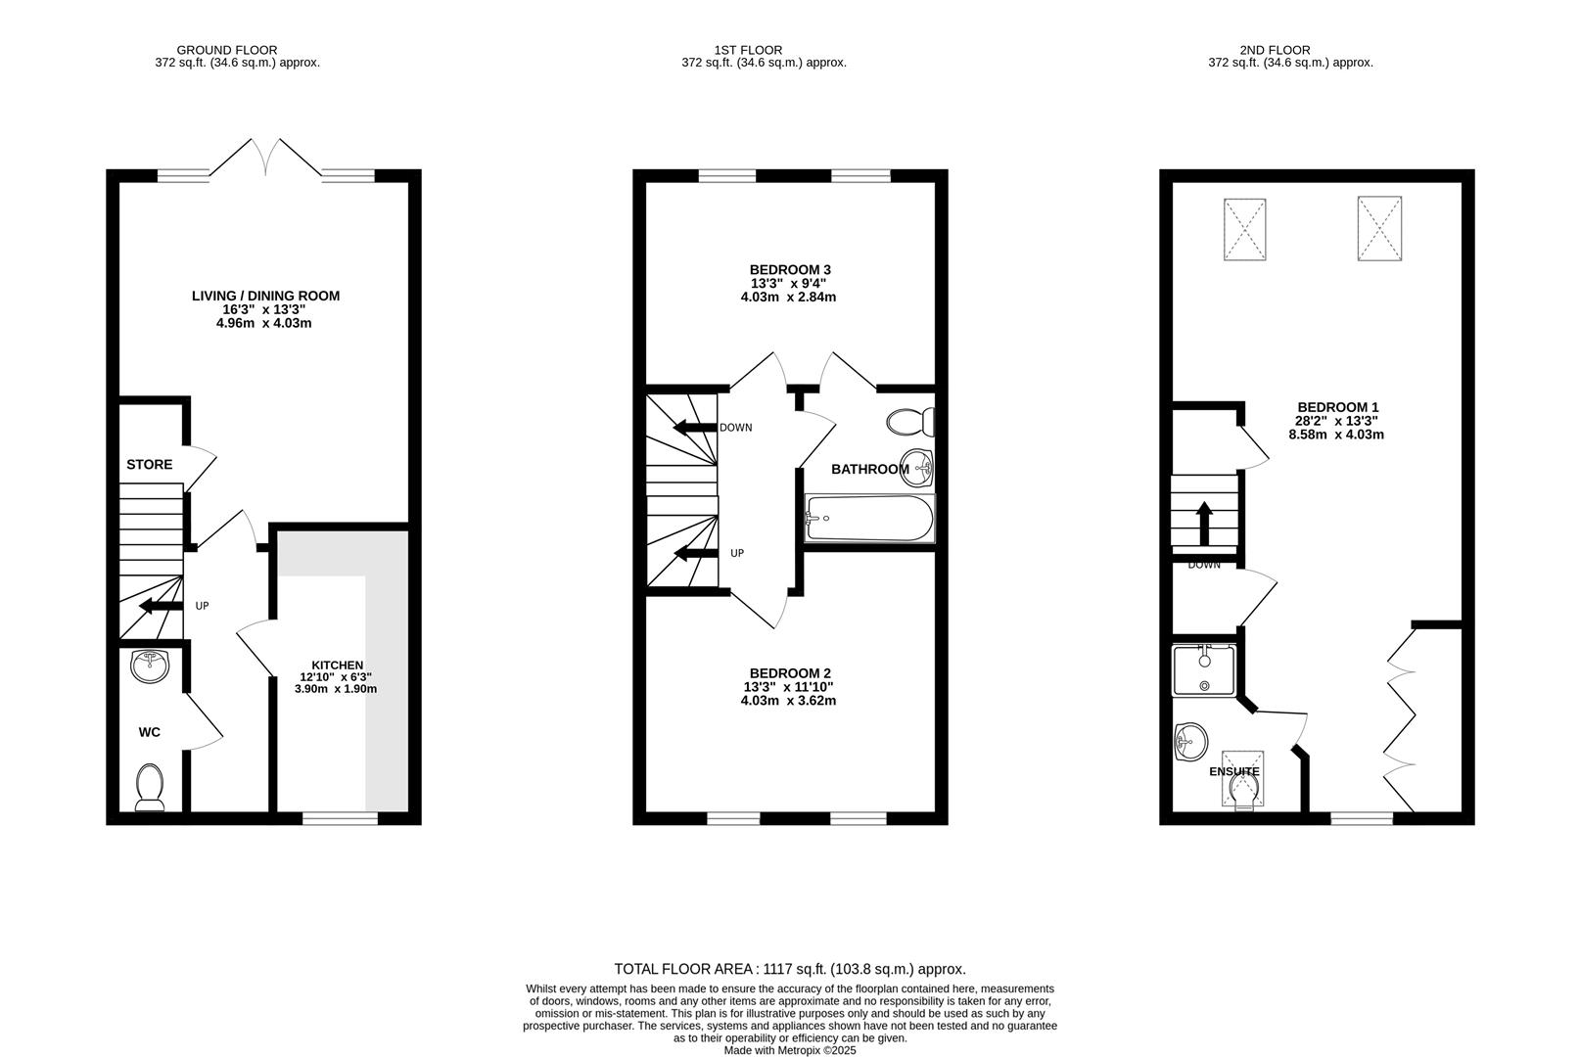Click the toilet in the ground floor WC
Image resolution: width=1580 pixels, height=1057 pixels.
(150, 788)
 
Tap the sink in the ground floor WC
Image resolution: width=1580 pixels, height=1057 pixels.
(150, 666)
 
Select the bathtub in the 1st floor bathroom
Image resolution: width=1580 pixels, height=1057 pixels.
(869, 519)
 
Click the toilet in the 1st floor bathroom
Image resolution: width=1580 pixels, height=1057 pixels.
(910, 423)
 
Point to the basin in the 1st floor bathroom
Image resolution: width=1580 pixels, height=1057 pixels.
(917, 468)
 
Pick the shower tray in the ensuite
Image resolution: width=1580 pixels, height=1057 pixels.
(1204, 669)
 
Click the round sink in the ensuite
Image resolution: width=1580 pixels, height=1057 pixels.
(1190, 742)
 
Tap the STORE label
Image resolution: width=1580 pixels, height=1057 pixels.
(150, 465)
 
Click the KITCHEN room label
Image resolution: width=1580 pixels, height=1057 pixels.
(337, 665)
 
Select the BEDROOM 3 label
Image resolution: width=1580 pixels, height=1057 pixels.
(790, 270)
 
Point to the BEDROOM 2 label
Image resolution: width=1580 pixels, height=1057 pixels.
(790, 673)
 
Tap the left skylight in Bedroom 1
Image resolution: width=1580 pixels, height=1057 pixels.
(1244, 230)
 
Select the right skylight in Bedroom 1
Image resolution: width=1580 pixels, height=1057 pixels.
(1379, 228)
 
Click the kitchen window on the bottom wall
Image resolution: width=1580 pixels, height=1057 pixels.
(340, 818)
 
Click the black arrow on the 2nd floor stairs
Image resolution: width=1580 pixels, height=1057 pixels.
(1204, 524)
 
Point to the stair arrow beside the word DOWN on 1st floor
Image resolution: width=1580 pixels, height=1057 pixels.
(695, 428)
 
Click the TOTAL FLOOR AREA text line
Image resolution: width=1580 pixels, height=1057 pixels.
(790, 969)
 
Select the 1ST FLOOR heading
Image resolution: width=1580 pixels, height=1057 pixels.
(748, 50)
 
